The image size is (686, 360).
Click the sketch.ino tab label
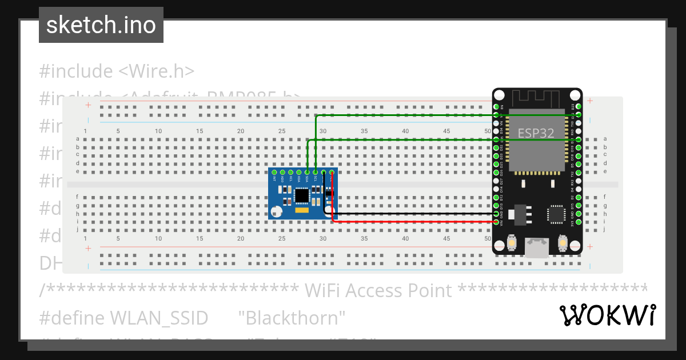(101, 25)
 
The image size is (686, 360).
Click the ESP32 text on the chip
(536, 133)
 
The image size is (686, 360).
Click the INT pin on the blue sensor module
(274, 172)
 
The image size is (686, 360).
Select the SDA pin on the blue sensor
(307, 172)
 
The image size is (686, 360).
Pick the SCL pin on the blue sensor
(316, 172)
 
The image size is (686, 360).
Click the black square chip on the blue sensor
(301, 196)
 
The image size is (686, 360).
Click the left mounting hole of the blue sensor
(277, 213)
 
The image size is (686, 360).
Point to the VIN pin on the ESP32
(496, 222)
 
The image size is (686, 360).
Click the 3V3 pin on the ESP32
(579, 222)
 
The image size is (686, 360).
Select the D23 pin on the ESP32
(579, 106)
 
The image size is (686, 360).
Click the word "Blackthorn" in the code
(292, 318)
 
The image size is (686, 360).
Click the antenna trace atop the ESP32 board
(537, 97)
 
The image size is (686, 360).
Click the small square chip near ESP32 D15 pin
(555, 214)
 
